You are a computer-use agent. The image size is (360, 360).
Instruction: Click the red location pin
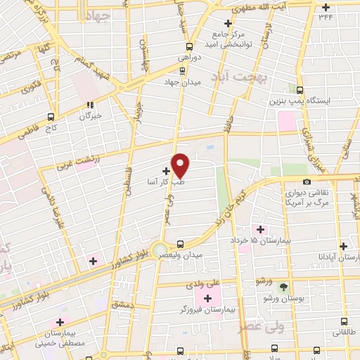point(181,165)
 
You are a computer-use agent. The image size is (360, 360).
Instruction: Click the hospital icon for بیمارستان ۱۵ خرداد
point(260,230)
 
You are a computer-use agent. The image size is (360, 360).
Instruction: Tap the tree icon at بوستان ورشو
point(283,288)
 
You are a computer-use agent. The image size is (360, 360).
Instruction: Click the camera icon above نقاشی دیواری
point(306,182)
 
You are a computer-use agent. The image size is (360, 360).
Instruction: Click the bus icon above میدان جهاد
point(182,70)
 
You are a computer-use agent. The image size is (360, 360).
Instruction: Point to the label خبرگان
point(91,115)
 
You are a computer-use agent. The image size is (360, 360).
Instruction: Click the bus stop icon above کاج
point(51,117)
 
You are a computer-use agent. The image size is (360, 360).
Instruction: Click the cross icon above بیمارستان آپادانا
point(343,246)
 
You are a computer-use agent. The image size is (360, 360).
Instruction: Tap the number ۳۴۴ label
point(326,16)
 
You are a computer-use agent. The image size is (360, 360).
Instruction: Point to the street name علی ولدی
point(197,286)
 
